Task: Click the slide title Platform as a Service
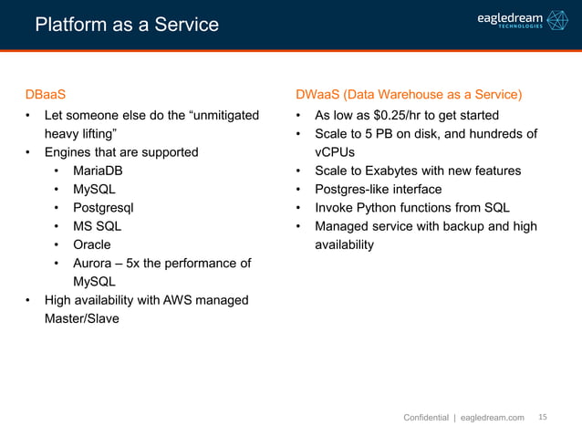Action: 127,25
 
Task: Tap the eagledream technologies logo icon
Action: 556,21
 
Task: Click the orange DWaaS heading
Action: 408,94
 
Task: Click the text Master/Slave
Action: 84,319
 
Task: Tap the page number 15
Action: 543,417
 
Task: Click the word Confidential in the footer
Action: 426,418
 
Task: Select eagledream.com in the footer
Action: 493,418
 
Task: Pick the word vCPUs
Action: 335,152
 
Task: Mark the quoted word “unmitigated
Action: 217,115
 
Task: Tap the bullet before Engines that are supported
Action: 28,152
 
